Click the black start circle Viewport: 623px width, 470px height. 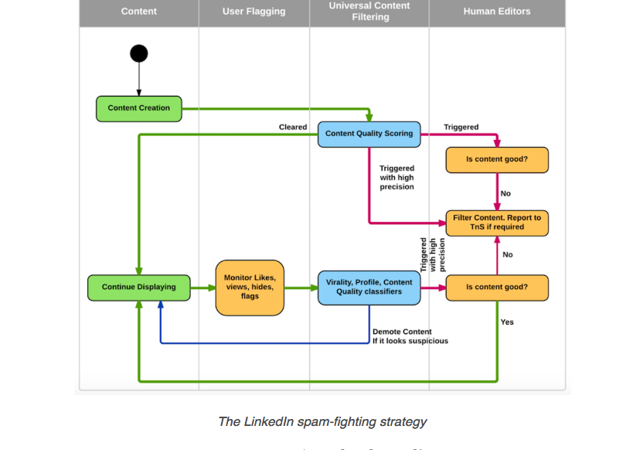(139, 53)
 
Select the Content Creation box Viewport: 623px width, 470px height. (139, 108)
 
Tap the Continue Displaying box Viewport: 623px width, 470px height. (139, 287)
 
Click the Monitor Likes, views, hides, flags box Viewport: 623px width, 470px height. (250, 287)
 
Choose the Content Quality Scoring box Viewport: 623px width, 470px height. (369, 134)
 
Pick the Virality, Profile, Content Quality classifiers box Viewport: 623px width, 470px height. (369, 287)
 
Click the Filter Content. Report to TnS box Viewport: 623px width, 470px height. (497, 223)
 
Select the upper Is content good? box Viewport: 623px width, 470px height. (497, 160)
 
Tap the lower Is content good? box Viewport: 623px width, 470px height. (497, 287)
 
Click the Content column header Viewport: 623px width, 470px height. (139, 12)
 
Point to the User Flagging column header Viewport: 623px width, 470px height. (254, 12)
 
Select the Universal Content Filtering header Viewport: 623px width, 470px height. (369, 12)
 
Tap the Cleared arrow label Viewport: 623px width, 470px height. (293, 127)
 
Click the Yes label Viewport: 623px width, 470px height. (507, 322)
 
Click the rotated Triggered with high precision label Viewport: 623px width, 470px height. (433, 254)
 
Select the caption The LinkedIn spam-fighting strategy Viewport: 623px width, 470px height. (322, 422)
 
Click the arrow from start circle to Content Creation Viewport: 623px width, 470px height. (139, 79)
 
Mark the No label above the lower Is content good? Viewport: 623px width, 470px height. (507, 254)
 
